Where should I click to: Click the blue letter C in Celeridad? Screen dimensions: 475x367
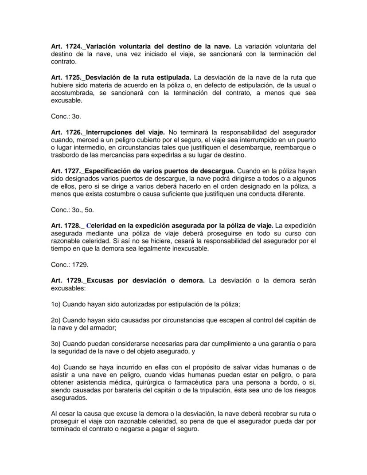tap(89, 226)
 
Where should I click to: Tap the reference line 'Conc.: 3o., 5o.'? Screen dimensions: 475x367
tap(72, 209)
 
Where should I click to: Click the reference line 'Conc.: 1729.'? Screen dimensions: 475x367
tap(70, 264)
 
